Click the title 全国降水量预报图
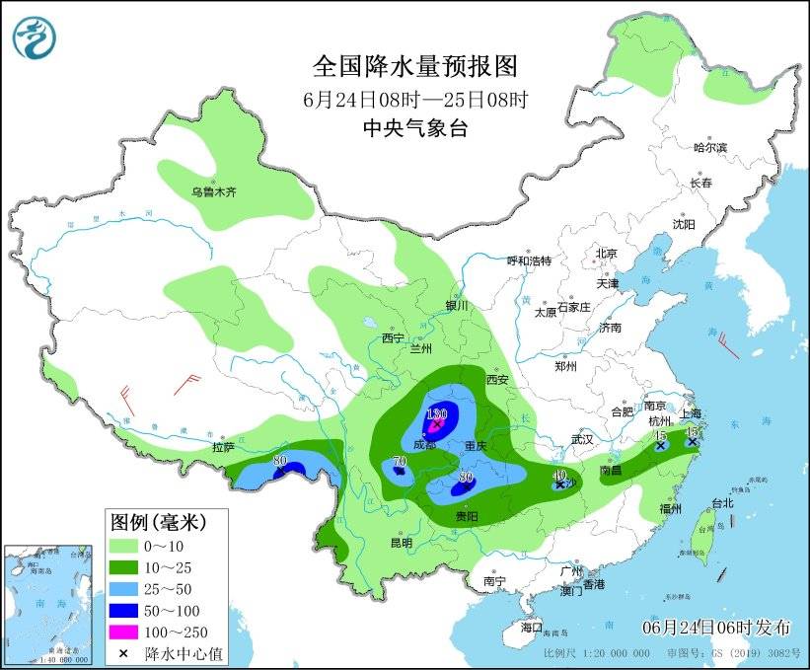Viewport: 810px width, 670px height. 414,66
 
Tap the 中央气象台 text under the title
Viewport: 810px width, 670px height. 414,127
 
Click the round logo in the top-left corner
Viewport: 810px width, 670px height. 35,37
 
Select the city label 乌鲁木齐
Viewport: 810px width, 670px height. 214,191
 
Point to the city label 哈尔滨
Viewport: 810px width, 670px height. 708,148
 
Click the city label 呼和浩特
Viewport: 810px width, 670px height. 529,261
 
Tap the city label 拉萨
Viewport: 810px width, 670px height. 223,447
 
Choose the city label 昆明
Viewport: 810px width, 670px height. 401,542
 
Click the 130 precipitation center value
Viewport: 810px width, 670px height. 437,413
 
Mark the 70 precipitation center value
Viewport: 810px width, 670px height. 400,461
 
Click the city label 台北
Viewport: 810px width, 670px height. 721,502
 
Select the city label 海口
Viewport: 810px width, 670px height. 531,628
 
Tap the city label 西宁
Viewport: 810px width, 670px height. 393,338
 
